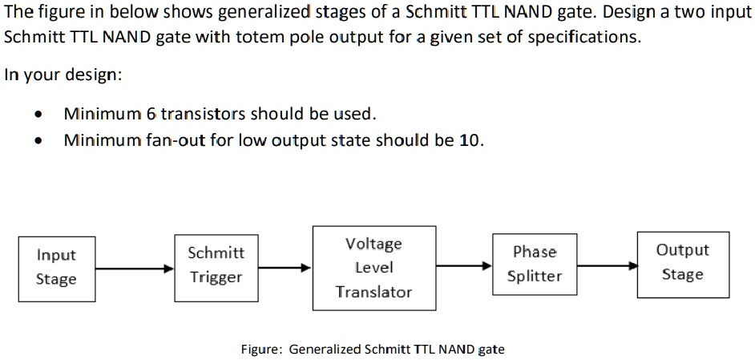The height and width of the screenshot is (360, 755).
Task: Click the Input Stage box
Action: (x=56, y=268)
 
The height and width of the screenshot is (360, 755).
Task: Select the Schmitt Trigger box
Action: (x=216, y=265)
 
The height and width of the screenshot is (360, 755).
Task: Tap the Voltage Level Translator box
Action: (x=373, y=268)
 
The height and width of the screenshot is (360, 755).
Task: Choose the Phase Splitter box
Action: (x=535, y=265)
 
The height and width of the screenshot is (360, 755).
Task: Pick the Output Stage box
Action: (x=683, y=263)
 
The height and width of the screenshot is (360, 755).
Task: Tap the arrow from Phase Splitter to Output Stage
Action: (x=607, y=265)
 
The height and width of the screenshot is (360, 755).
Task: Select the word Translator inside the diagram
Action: (x=373, y=292)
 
